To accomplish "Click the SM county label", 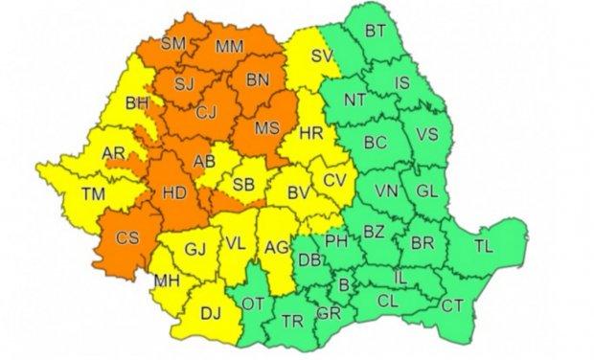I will click(x=174, y=44).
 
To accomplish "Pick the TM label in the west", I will click(x=92, y=194).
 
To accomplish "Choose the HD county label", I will click(x=174, y=193).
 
